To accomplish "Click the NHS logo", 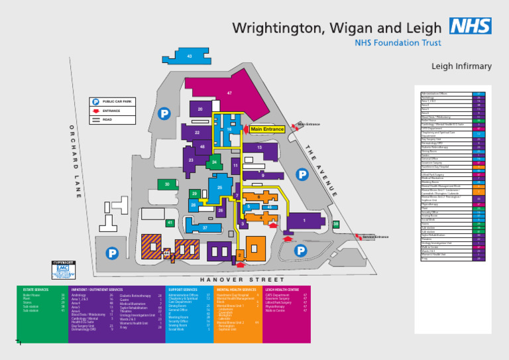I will point(470,27).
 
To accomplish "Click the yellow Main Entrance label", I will point(267,129).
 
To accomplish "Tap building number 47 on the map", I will point(229,93).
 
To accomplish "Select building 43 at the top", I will point(190,56).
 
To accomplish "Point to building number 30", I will point(167,184).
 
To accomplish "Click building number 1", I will point(304,221).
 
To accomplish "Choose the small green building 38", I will point(336,224).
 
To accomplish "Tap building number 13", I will point(259,148).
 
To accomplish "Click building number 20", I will point(199,109).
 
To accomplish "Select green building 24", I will point(214,162).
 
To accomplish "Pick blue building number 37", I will point(205,228).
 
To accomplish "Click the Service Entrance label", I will point(375,237).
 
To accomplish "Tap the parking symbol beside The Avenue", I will point(302,174).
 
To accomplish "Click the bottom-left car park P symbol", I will point(113,253).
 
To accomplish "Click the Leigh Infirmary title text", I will point(461,66).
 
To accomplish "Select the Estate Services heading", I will point(36,290).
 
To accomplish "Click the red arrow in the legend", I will point(95,111).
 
